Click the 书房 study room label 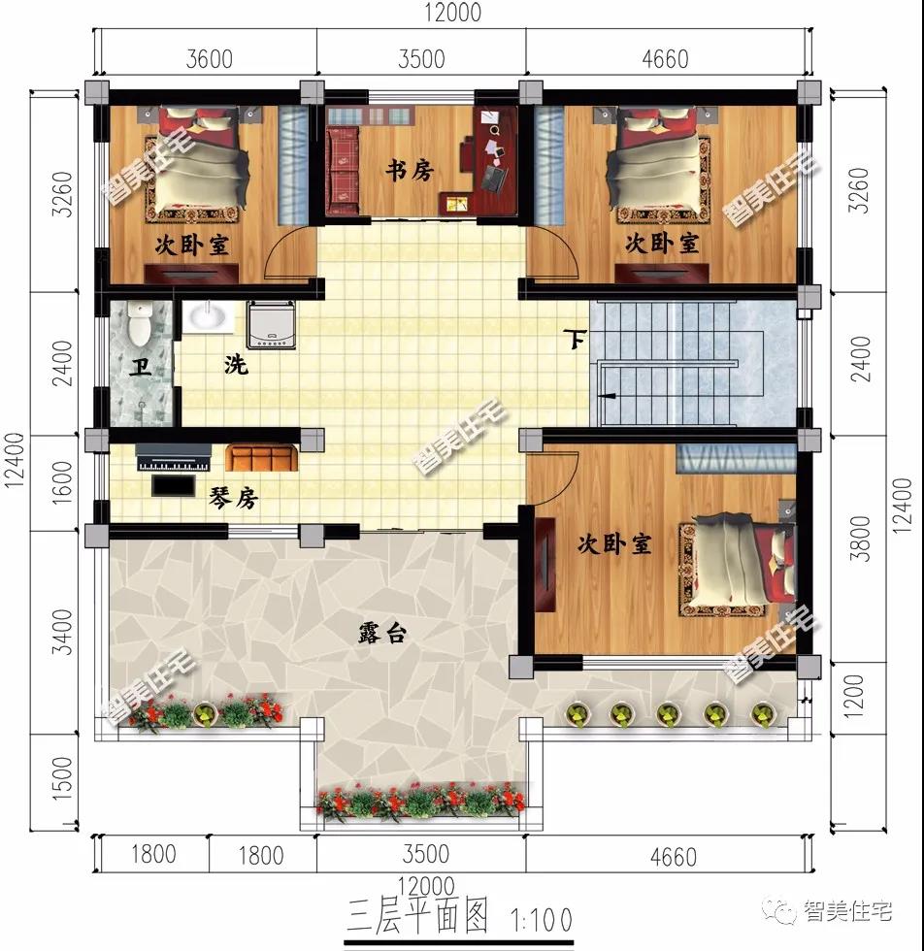(410, 171)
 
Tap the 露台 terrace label (381, 633)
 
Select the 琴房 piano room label (234, 498)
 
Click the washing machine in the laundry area (271, 324)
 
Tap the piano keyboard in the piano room (174, 457)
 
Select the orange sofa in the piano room (261, 458)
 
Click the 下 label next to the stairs (575, 339)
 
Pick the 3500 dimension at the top (421, 59)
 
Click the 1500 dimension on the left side (63, 778)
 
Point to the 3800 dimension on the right (860, 539)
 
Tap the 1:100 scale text (542, 920)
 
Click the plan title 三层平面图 (417, 916)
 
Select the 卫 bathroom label (141, 367)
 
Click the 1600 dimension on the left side (63, 483)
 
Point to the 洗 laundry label (236, 365)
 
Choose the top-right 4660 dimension (666, 59)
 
